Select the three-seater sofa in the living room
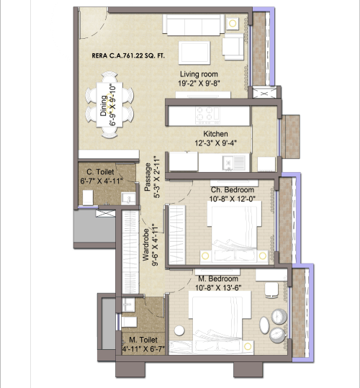[191, 26]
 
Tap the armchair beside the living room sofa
[232, 46]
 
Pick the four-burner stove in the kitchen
[204, 114]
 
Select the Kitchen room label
[215, 134]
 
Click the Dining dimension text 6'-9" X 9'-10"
[113, 105]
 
